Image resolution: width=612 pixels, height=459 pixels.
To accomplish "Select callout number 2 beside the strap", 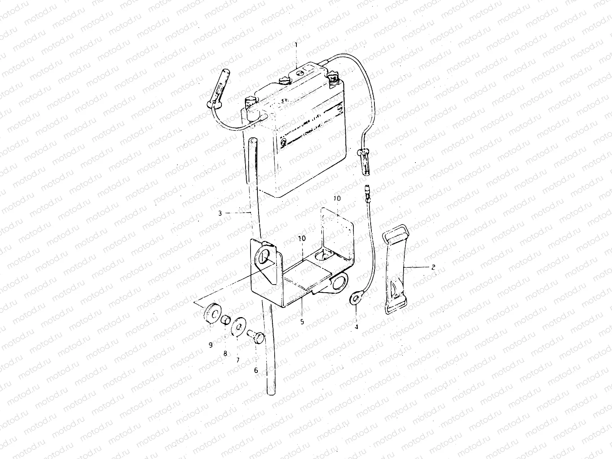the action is point(433,267).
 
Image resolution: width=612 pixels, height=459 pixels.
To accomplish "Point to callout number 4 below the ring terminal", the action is point(356,327).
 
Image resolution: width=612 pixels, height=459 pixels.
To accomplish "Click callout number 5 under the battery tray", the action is point(302,322).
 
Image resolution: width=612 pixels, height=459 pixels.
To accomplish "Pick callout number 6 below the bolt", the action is point(256,370).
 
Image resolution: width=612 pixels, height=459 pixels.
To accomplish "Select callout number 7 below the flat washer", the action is point(238,360).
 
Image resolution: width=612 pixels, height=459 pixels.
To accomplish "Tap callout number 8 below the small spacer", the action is point(225,354).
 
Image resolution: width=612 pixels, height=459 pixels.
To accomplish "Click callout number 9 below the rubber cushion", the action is point(210,345).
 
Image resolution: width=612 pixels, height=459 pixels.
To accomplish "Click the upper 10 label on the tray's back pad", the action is point(336,199).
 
